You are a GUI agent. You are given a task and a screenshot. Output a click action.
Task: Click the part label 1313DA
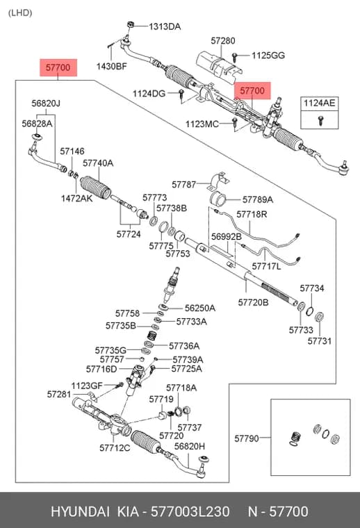pyautogui.click(x=165, y=26)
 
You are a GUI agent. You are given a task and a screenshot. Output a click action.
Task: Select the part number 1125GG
pyautogui.click(x=268, y=55)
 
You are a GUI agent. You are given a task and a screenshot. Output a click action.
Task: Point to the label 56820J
pyautogui.click(x=46, y=103)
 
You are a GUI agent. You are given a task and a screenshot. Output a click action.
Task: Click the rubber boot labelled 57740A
pyautogui.click(x=96, y=188)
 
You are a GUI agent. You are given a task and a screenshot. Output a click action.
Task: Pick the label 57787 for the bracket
pyautogui.click(x=184, y=185)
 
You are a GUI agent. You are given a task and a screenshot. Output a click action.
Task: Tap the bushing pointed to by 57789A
pyautogui.click(x=218, y=199)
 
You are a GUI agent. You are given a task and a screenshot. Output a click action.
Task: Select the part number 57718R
pyautogui.click(x=252, y=215)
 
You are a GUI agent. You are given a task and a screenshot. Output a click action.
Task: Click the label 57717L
pyautogui.click(x=266, y=266)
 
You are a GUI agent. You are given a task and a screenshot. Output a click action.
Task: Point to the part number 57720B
pyautogui.click(x=253, y=302)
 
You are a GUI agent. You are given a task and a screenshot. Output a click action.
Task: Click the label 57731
pyautogui.click(x=319, y=341)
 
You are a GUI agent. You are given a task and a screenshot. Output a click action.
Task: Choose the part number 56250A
pyautogui.click(x=200, y=308)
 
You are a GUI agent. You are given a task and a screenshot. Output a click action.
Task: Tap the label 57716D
pyautogui.click(x=101, y=370)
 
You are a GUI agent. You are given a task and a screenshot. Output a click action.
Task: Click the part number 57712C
pyautogui.click(x=115, y=448)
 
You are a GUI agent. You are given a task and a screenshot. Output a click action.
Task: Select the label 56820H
pyautogui.click(x=189, y=447)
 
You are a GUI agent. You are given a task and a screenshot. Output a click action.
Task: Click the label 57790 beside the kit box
pyautogui.click(x=247, y=438)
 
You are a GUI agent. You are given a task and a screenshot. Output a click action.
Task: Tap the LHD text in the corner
pyautogui.click(x=20, y=13)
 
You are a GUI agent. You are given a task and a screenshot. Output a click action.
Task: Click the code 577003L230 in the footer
pyautogui.click(x=190, y=511)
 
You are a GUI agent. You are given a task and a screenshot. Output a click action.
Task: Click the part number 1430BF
pyautogui.click(x=111, y=66)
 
